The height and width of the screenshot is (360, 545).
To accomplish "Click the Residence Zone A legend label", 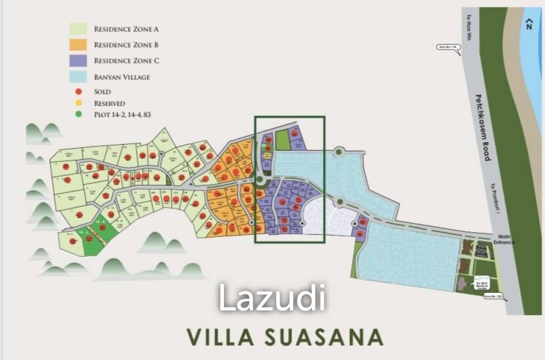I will (x=127, y=29).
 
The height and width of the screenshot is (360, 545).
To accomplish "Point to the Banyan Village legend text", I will (x=122, y=77).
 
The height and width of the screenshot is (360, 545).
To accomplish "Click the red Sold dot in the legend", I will (x=78, y=92).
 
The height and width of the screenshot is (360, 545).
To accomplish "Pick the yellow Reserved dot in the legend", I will (x=78, y=103).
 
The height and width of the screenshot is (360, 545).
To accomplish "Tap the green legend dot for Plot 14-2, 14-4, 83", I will (x=78, y=114).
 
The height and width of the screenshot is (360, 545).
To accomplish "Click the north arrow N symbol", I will (x=529, y=24).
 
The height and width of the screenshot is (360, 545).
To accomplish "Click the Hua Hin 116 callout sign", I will (x=447, y=47).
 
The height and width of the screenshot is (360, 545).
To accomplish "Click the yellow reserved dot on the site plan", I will (x=268, y=156).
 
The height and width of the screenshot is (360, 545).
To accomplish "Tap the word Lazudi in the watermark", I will (x=271, y=298).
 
